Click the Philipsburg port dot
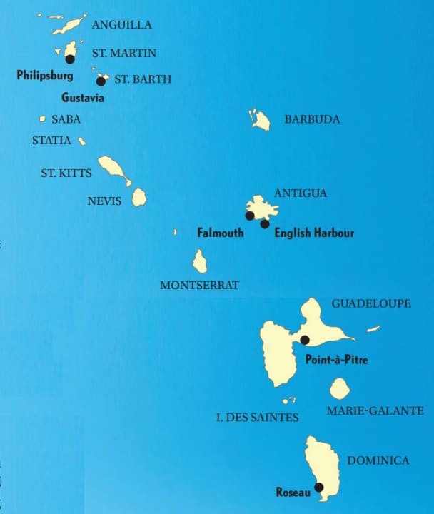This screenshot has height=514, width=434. tap(70, 59)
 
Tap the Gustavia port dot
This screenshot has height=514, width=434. tap(101, 81)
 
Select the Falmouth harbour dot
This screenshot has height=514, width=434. tap(249, 216)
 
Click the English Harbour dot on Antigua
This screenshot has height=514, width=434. tap(265, 224)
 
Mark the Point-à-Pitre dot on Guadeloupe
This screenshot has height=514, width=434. tap(305, 340)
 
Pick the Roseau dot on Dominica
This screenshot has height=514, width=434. tap(318, 488)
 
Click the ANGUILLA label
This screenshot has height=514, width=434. tap(122, 24)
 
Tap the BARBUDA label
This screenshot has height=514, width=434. tap(312, 119)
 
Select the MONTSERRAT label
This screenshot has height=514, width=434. tap(199, 285)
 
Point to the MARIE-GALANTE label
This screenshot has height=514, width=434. tap(375, 410)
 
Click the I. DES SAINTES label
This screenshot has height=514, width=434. tap(257, 417)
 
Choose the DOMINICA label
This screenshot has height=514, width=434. tap(378, 460)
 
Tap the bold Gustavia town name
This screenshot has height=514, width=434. tap(83, 97)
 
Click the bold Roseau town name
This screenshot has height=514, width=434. tap(293, 492)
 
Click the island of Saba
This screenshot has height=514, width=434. tap(42, 119)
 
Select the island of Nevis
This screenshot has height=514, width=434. tap(138, 197)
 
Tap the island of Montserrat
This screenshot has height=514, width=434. tap(200, 261)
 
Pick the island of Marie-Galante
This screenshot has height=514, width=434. tap(340, 389)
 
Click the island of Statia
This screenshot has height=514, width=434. tap(82, 141)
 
